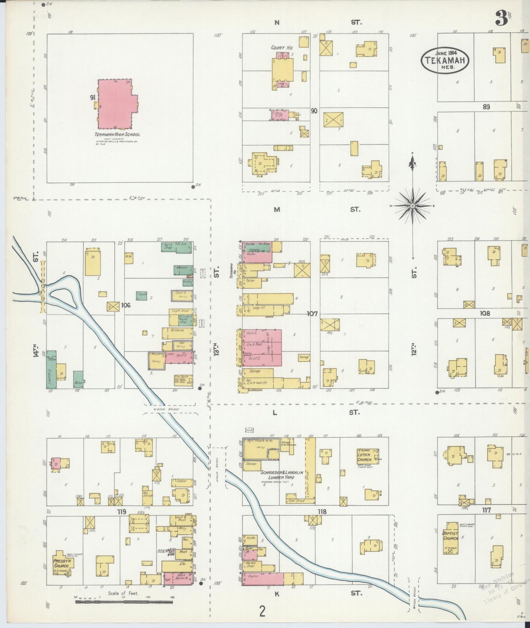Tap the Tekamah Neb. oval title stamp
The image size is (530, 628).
(445, 60)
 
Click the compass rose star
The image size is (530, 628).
(413, 206)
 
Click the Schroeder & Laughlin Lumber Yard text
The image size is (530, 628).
(282, 475)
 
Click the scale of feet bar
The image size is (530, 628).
(124, 602)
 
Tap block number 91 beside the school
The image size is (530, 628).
(92, 97)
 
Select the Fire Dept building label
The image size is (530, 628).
(183, 380)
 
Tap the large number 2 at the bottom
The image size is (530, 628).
(262, 611)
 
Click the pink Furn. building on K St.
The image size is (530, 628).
(263, 579)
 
